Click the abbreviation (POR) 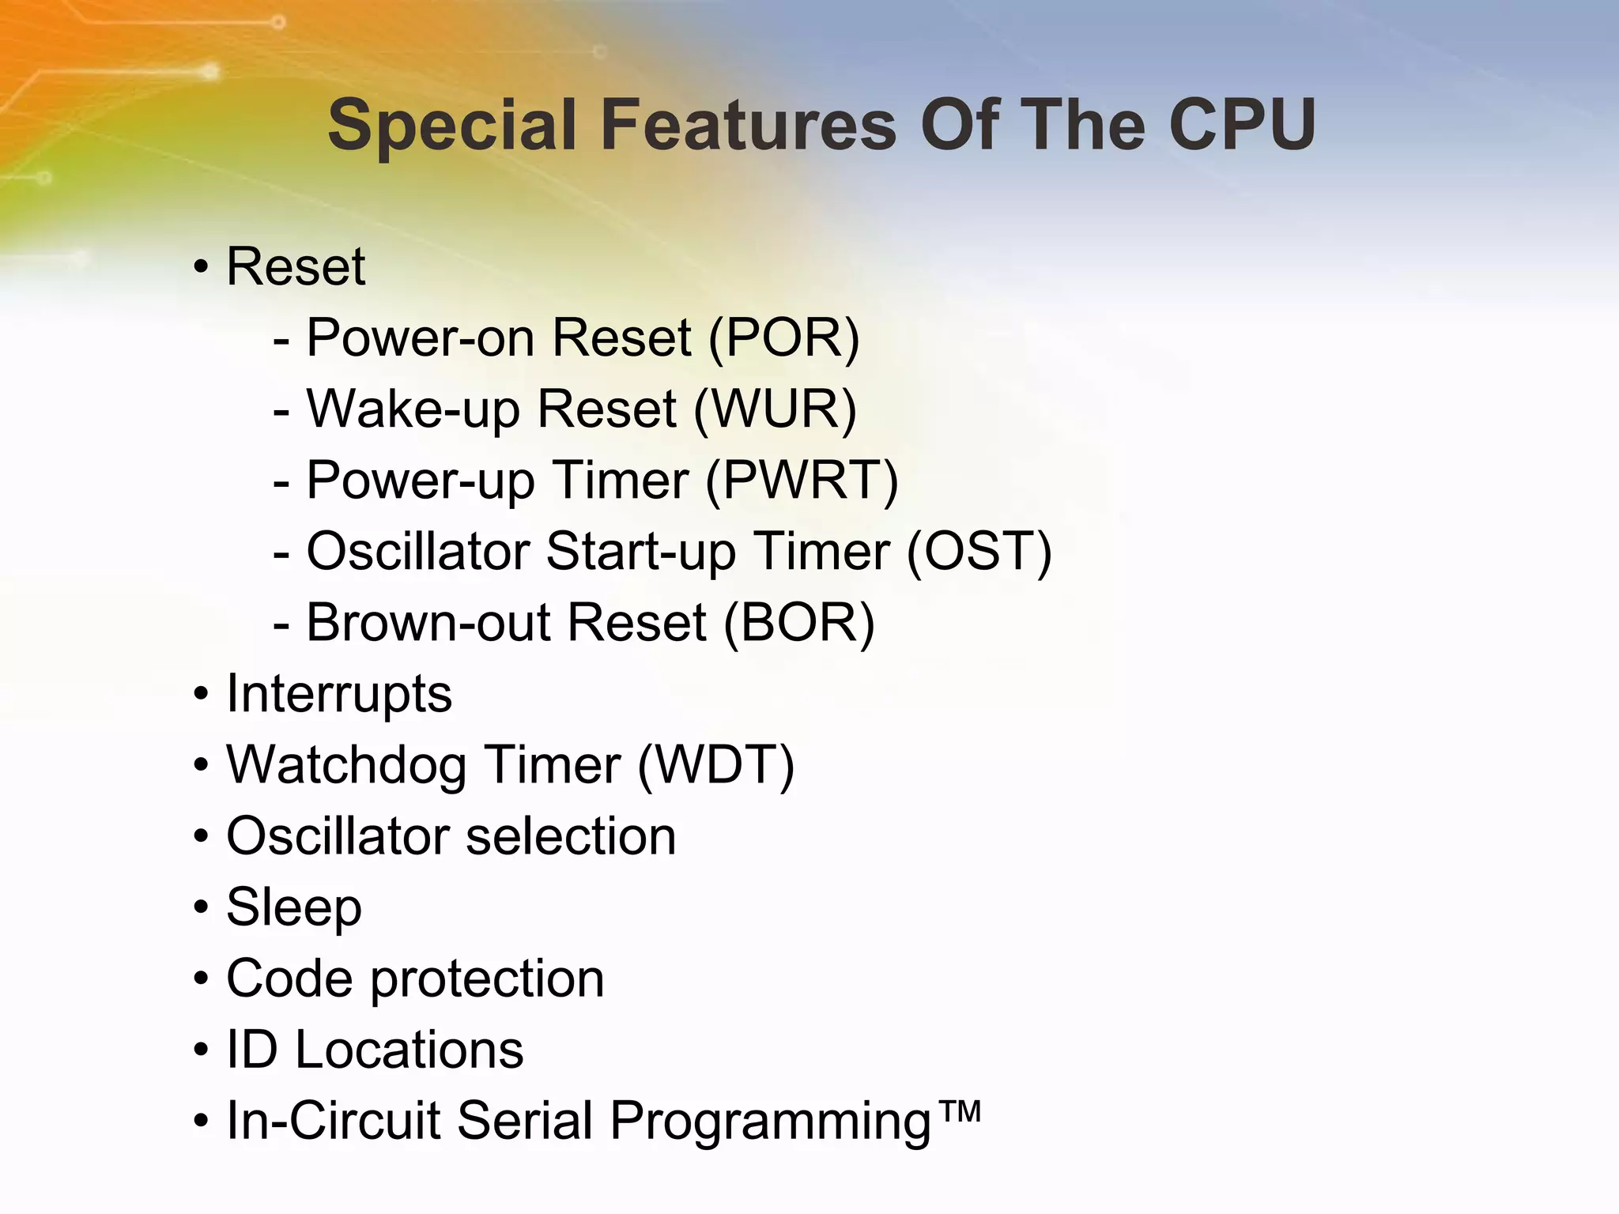coord(783,338)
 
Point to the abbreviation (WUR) coord(775,409)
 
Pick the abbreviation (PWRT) coord(801,481)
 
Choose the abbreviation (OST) coord(979,552)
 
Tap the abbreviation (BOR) coord(798,623)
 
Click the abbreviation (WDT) coord(715,765)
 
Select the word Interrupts coord(339,694)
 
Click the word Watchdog coord(345,765)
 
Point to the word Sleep coord(294,907)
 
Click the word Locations coord(409,1050)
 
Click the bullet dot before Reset coord(202,268)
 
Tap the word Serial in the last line coord(524,1121)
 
